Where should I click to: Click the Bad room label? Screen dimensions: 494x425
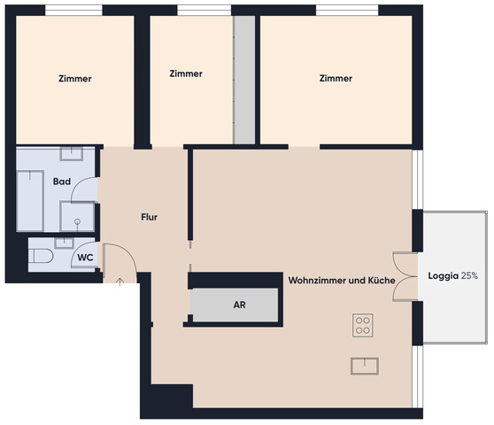coord(62,182)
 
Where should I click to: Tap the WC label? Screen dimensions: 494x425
coord(85,258)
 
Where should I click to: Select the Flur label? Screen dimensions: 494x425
coord(149,217)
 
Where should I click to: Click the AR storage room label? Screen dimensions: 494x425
coord(239,305)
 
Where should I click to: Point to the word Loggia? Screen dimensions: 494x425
coord(443,276)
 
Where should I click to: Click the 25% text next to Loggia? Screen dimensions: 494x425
coord(469,276)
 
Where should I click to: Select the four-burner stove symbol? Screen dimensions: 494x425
coord(363,326)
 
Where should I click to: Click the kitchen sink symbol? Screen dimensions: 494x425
coord(365,366)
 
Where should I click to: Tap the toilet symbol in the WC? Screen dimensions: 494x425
coord(41,256)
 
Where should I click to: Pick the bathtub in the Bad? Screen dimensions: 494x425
coord(30,201)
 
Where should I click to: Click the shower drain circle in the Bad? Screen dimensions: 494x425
coord(77,221)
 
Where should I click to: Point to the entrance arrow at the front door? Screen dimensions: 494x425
coord(120,282)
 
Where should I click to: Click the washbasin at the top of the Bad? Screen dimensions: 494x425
coord(72,153)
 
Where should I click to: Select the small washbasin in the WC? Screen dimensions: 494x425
coord(64,243)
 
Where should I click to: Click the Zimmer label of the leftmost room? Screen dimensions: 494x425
coord(75,79)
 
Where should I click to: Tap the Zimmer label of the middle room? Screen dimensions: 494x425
coord(186,73)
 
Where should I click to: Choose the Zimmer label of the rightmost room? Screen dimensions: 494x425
coord(336,78)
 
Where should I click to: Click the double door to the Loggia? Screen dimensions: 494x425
coord(405,276)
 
